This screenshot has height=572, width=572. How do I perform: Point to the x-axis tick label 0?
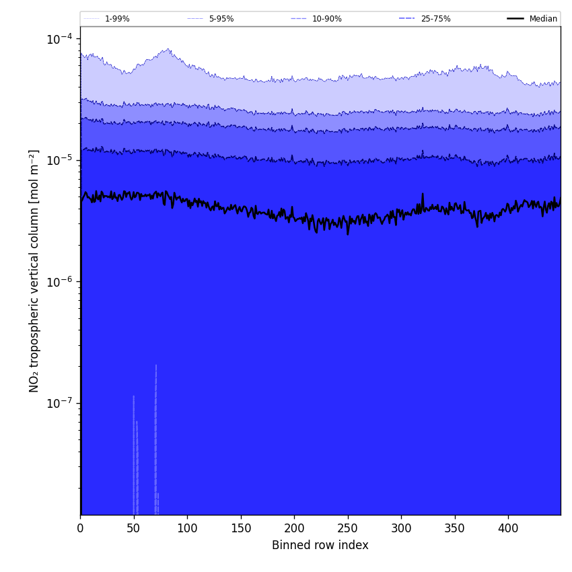(x=80, y=528)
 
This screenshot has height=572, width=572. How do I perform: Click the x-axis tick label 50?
(x=133, y=528)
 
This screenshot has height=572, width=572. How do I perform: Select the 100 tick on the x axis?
(x=187, y=528)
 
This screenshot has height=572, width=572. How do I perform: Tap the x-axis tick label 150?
(x=240, y=528)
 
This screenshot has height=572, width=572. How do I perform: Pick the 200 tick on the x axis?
(x=294, y=528)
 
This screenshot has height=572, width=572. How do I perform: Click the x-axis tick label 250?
(x=347, y=528)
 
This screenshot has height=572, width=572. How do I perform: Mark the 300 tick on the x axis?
(x=401, y=528)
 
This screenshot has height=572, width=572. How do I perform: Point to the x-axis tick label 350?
(x=454, y=528)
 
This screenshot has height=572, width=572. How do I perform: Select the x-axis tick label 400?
(x=508, y=528)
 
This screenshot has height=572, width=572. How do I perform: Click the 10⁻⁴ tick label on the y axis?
(x=59, y=39)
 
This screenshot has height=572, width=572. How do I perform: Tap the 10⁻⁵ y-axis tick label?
(x=59, y=160)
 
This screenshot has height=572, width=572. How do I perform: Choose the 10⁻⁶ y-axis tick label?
(x=59, y=281)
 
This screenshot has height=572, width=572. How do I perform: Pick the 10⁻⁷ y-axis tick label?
(x=59, y=402)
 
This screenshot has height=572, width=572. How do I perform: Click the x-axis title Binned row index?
(x=320, y=545)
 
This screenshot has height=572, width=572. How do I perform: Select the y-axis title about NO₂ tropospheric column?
(x=34, y=271)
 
